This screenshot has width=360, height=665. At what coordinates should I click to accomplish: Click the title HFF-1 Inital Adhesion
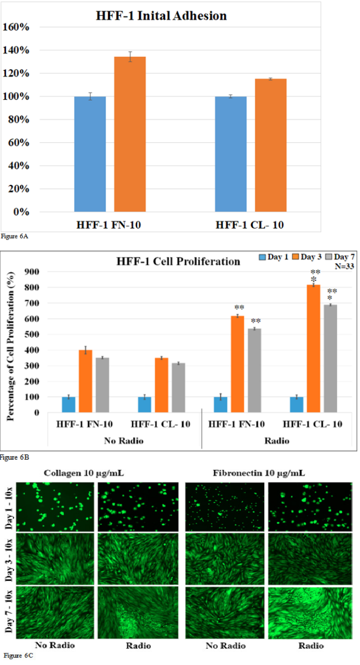click(x=161, y=16)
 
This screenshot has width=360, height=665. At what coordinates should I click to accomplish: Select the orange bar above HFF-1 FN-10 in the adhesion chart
click(x=130, y=134)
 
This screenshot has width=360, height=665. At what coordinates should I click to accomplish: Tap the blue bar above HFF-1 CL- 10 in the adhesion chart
click(x=231, y=154)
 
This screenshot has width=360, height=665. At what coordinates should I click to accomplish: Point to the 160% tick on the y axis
click(x=16, y=27)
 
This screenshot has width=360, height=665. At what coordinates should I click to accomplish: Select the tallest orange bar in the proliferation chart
click(x=313, y=348)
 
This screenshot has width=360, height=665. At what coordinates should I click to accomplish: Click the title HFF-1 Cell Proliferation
click(x=178, y=262)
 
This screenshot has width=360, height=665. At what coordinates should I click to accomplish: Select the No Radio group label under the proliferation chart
click(x=124, y=442)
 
